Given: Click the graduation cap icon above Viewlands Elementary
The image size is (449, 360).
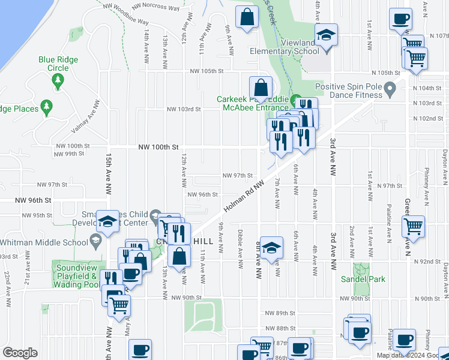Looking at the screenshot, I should point(326,34).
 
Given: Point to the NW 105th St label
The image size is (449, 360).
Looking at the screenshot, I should point(206,71).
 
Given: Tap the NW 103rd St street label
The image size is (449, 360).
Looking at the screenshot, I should point(182,109).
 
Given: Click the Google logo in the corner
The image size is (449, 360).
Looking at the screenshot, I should point(20,353).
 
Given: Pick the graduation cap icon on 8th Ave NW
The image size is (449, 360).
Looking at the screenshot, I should point(271,249).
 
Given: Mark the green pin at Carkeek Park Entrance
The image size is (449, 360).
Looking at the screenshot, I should point(295,100).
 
